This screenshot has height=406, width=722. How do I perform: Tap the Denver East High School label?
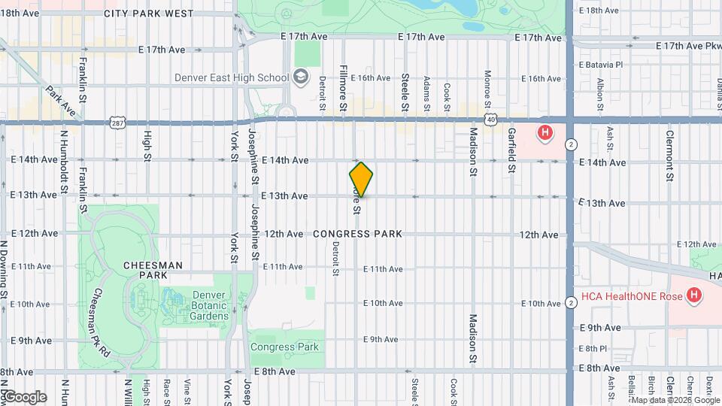pos(231,77)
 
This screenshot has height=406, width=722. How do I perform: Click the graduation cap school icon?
pos(301,77)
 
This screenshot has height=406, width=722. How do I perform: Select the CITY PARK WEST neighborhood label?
pos(149,14)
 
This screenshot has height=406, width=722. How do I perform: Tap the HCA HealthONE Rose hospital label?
pos(631,296)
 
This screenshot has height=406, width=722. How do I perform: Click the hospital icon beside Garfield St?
pos(545,134)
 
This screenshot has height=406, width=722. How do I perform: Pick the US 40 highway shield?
pos(490,120)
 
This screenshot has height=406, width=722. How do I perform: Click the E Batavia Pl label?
pos(601,65)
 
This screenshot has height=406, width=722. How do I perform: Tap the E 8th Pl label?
pos(593,349)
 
